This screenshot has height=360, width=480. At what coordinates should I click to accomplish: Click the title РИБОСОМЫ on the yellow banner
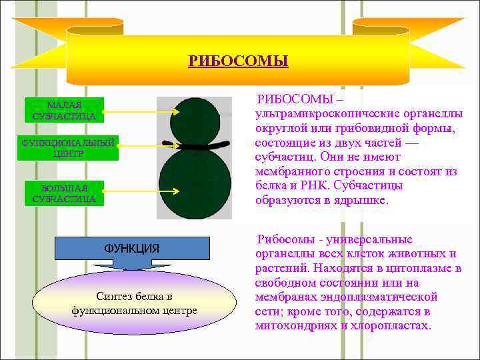238,61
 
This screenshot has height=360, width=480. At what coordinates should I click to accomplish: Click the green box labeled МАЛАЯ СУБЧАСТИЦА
64,111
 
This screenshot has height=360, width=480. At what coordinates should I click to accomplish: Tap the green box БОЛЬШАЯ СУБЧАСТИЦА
64,193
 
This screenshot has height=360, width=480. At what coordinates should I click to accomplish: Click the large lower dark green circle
195,183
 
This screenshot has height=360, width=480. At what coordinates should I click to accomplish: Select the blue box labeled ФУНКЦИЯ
131,248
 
